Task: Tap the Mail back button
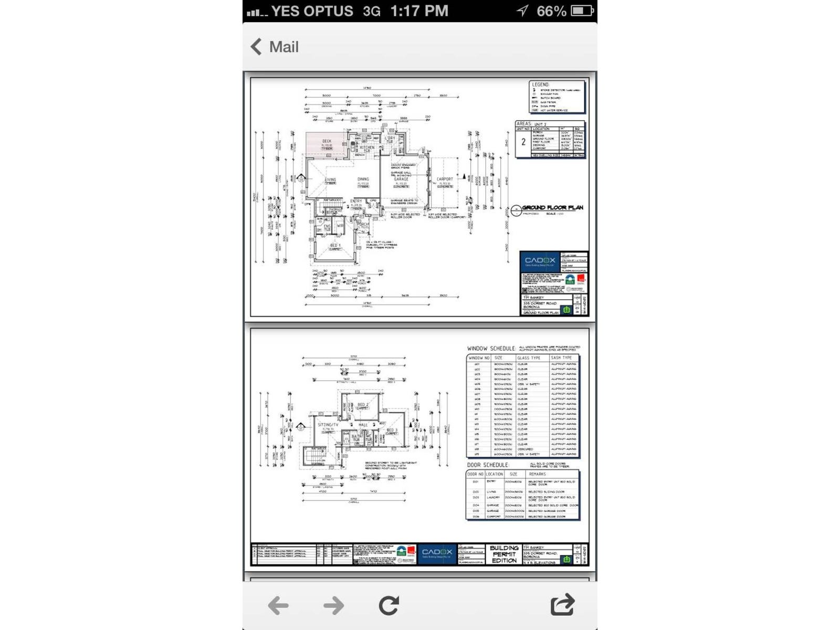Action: (x=275, y=47)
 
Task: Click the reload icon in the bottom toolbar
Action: (x=389, y=605)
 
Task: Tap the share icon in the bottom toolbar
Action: (x=562, y=605)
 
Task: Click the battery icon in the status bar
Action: (x=582, y=10)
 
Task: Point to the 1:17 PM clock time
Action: (x=419, y=11)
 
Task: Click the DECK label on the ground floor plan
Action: (x=327, y=141)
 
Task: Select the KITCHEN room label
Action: (x=367, y=148)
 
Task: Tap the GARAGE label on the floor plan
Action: (x=401, y=179)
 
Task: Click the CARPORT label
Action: (x=445, y=179)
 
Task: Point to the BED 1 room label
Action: (x=335, y=245)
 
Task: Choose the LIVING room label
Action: (x=330, y=180)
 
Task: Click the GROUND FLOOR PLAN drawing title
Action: (x=552, y=207)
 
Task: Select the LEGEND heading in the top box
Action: (x=540, y=85)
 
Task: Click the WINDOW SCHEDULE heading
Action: (x=491, y=348)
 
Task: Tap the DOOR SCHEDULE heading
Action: (x=488, y=465)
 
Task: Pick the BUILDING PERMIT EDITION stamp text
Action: (x=504, y=554)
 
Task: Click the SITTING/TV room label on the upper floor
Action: (x=328, y=424)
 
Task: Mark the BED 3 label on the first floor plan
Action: (x=392, y=430)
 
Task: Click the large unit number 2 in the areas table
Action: (x=523, y=142)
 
